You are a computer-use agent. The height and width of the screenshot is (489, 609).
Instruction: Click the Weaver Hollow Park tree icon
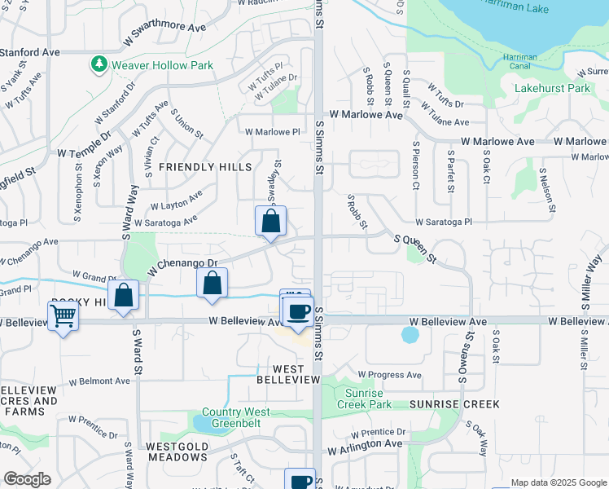coord(99,64)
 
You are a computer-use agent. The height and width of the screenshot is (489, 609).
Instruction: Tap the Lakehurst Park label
coord(551,88)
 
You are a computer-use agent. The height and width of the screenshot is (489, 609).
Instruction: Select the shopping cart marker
coord(63,316)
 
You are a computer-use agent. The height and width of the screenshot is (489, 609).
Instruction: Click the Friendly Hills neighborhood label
coord(205,166)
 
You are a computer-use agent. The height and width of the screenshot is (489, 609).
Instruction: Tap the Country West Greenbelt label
coord(235,417)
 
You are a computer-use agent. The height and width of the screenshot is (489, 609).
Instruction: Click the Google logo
coord(27,479)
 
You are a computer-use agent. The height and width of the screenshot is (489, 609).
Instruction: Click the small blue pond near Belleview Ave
coord(410,335)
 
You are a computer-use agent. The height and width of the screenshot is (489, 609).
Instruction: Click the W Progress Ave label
coord(390,375)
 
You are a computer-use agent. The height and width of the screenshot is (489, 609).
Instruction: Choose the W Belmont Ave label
coord(99,381)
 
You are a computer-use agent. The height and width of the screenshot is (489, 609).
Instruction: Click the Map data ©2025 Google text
coord(559,482)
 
